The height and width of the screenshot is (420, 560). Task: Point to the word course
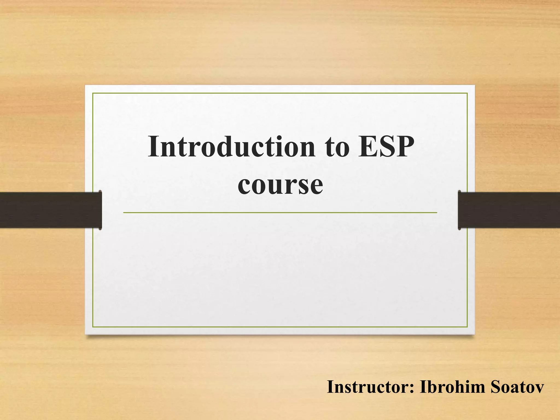[x=280, y=185]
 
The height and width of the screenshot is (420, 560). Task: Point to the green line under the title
[x=280, y=212]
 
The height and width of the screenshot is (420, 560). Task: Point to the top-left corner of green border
[x=93, y=94]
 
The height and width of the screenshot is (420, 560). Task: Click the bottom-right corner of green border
[x=467, y=327]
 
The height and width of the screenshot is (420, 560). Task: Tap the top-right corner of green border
[x=467, y=94]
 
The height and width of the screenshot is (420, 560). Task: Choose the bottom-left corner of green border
[x=93, y=327]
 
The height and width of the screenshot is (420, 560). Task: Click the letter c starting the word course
[x=244, y=186]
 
